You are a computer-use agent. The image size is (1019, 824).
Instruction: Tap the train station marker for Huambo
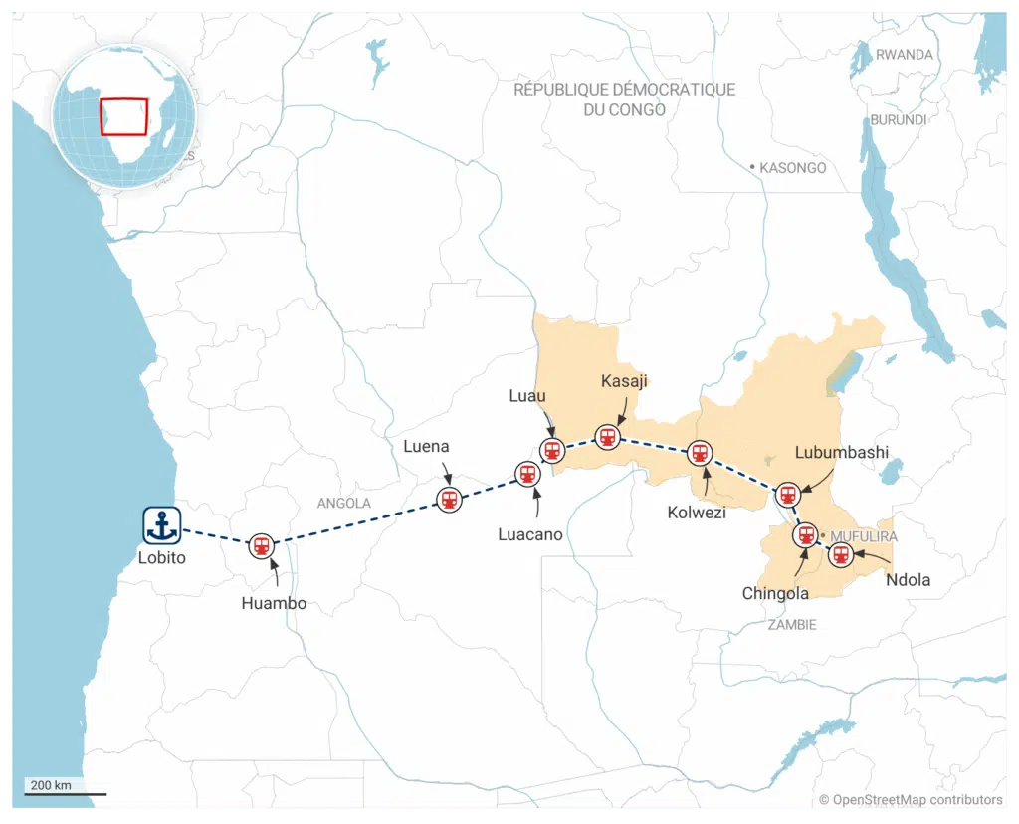click(x=262, y=545)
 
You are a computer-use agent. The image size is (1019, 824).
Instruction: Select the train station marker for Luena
click(x=449, y=500)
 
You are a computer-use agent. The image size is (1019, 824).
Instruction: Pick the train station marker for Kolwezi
click(x=701, y=453)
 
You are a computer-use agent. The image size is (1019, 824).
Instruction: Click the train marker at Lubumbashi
click(x=787, y=494)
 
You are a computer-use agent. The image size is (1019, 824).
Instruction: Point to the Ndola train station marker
click(x=841, y=555)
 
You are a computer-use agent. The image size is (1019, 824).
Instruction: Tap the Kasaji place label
click(x=625, y=381)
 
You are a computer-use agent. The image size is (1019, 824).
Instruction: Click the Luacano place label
click(x=530, y=534)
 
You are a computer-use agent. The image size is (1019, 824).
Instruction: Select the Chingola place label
click(x=775, y=593)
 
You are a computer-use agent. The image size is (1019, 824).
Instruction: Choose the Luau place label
click(x=527, y=396)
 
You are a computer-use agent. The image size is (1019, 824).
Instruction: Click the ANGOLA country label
click(x=343, y=503)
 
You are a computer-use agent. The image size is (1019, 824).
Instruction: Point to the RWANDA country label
click(x=904, y=55)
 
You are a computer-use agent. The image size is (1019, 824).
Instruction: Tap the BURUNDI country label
click(x=898, y=119)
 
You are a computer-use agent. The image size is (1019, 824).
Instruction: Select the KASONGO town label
click(x=792, y=168)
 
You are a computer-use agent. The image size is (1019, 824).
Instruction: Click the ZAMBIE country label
click(x=791, y=624)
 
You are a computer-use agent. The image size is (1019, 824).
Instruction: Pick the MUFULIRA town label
click(x=863, y=536)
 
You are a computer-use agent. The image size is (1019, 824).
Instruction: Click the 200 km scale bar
click(x=66, y=793)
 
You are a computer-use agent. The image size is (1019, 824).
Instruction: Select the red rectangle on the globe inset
click(x=124, y=116)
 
